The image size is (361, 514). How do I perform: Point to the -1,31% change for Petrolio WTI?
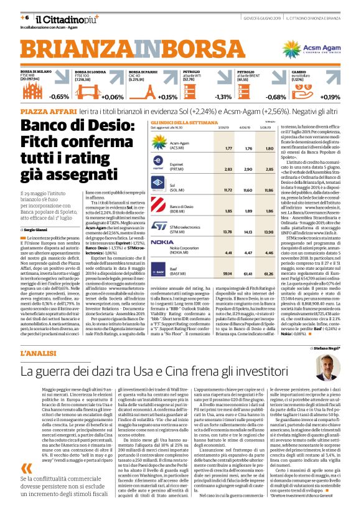(223, 97)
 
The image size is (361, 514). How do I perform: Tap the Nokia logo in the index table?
(162, 241)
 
